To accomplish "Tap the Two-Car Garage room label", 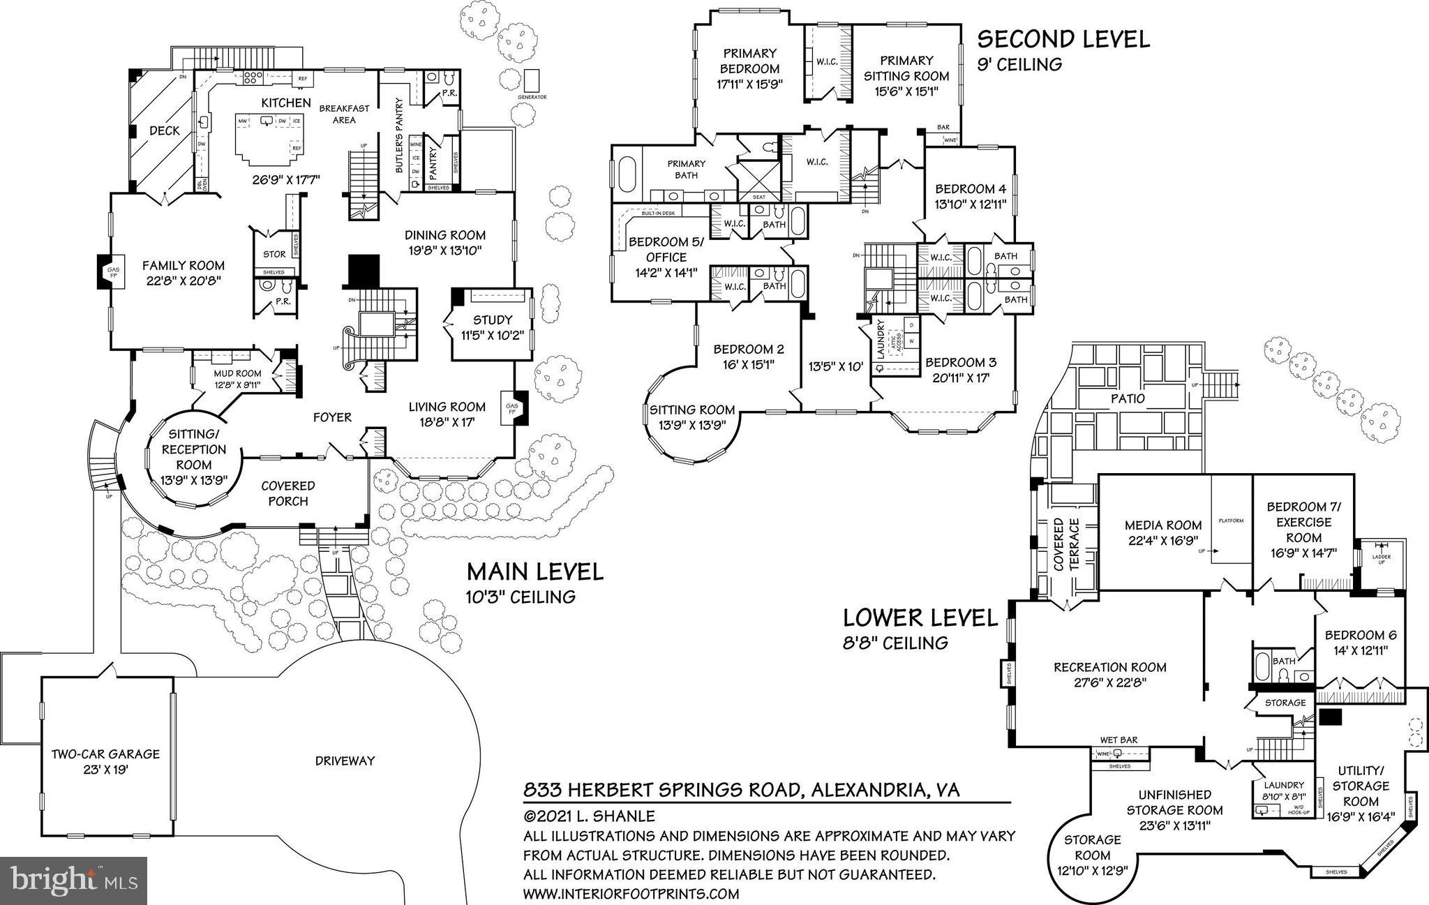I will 105,754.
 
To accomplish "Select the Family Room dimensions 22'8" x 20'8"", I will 184,282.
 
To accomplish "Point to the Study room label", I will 493,320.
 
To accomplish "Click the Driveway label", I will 345,761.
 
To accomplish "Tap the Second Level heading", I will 1063,39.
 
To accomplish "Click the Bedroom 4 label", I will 971,188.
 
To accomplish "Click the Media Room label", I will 1163,525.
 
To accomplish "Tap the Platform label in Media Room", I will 1231,521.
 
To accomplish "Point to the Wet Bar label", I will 1118,740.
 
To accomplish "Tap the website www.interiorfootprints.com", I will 631,893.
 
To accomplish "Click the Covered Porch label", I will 288,493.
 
